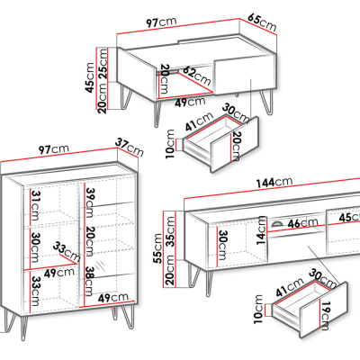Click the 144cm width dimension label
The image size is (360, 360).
point(274,182)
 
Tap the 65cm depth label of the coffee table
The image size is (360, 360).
point(262,22)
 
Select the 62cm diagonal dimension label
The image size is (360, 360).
point(196,75)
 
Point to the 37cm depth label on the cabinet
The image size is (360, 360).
point(130,147)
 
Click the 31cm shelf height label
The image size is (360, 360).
point(35,205)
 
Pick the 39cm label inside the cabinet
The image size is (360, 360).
point(90,202)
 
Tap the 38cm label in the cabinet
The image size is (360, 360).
point(90,281)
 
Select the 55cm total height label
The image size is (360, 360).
point(157,248)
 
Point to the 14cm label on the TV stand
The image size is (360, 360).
point(261,229)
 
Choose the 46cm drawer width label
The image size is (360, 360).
point(302,223)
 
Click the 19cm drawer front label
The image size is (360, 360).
point(324,316)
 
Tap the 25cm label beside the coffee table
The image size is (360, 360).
point(103,64)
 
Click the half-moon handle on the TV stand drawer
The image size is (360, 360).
point(276,223)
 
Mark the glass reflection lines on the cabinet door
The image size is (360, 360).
point(101,265)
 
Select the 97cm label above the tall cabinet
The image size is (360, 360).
point(54,149)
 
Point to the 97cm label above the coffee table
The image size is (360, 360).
point(161,22)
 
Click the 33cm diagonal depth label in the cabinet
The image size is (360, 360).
point(67,251)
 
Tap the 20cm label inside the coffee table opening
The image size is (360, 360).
point(165,79)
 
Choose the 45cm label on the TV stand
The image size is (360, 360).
point(349,217)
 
